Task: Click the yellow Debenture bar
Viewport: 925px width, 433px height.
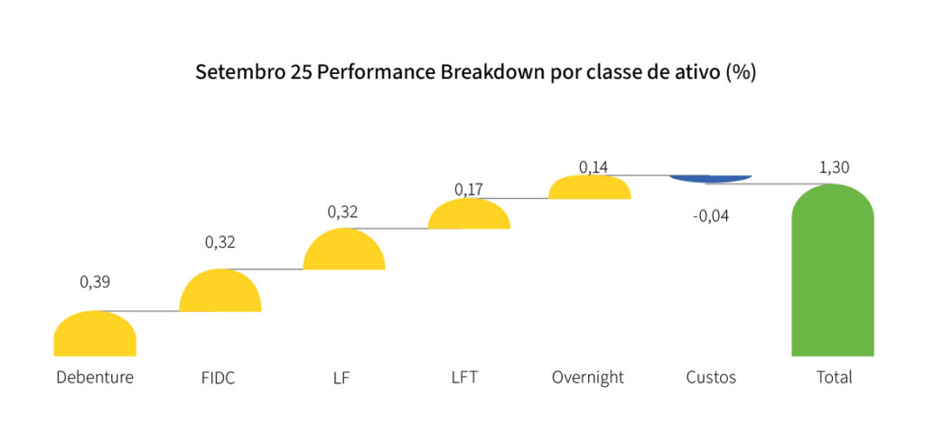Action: (x=95, y=334)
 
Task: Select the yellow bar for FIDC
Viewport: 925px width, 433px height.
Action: (x=220, y=292)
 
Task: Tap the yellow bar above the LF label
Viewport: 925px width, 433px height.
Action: (x=343, y=250)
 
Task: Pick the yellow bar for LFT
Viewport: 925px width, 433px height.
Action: (x=469, y=215)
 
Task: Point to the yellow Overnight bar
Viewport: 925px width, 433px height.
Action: (x=589, y=188)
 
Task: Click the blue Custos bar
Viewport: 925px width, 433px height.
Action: (x=710, y=178)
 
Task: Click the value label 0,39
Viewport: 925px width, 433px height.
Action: (x=95, y=282)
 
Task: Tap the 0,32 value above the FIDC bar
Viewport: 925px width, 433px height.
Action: (x=220, y=242)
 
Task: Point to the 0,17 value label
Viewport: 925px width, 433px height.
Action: (x=469, y=190)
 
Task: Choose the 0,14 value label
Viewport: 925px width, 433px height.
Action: (x=593, y=167)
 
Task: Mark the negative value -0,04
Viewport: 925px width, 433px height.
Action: (x=710, y=216)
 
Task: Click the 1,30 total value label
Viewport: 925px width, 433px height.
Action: (x=834, y=167)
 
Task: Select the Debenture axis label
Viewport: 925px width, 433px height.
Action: (x=95, y=377)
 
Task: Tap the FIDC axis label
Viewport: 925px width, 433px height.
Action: (x=219, y=378)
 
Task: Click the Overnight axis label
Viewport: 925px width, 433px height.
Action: (x=588, y=377)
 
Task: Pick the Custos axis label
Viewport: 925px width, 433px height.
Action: (x=710, y=377)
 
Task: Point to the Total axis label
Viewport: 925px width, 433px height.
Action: (x=834, y=377)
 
